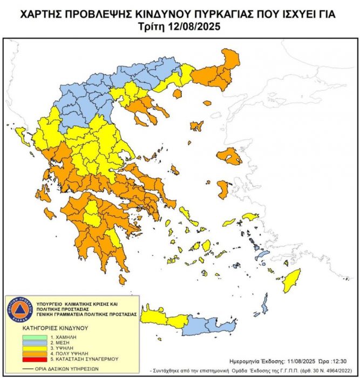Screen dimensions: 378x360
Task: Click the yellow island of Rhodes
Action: [291, 280]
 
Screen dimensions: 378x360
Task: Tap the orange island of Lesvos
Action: [230, 157]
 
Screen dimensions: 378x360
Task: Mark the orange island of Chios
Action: [222, 189]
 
